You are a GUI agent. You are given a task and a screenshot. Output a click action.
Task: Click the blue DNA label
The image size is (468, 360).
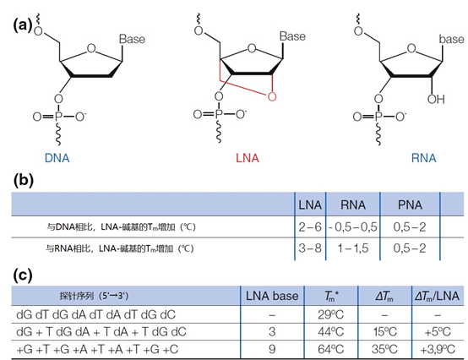pos(57,158)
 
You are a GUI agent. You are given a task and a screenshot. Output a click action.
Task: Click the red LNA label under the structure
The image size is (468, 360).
pos(248,158)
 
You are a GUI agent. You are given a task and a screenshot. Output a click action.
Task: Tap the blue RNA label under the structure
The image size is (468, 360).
pos(423,158)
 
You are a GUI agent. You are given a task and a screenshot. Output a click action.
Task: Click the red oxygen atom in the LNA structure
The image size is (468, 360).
pos(272,96)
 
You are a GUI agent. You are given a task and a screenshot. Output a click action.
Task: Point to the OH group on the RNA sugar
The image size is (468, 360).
pos(436,99)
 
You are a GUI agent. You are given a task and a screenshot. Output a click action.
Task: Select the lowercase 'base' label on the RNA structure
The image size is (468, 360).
pos(451,39)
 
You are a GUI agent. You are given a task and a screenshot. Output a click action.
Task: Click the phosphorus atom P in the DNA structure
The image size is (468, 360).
pos(58,117)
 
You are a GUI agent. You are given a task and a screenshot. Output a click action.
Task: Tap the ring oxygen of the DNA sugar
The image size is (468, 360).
pos(91,48)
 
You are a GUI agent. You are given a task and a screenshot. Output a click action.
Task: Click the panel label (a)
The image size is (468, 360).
pos(22,25)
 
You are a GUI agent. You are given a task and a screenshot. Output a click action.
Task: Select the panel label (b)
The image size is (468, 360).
pos(24,180)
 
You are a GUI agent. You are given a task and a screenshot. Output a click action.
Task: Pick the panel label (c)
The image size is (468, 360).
pos(22,275)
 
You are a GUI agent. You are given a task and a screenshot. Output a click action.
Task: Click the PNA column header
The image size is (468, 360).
pos(410,205)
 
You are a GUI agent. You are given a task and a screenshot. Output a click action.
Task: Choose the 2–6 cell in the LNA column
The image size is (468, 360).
pos(310,227)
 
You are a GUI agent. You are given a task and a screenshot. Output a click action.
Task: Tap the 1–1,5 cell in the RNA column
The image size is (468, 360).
pos(353,248)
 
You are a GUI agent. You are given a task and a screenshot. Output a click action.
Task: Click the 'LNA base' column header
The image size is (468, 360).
pos(272,296)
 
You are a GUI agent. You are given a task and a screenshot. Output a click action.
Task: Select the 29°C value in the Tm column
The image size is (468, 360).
pos(330,314)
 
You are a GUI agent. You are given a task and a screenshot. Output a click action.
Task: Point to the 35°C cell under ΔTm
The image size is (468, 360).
pos(384,349)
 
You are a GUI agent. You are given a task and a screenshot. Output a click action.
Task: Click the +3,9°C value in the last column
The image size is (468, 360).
pos(438,349)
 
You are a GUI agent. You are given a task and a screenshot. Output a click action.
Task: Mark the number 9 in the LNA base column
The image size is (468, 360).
pos(272,349)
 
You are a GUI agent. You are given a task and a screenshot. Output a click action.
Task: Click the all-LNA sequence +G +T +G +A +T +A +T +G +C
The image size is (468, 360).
pos(97,349)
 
